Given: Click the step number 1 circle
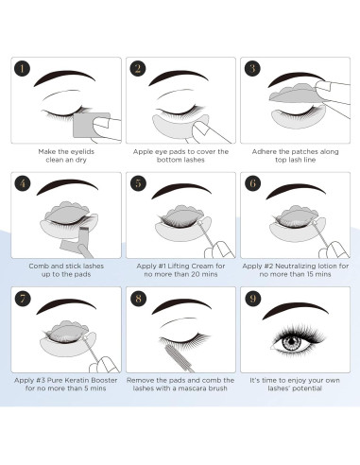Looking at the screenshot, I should [x=23, y=69].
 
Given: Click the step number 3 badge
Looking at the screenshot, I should [x=253, y=69].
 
